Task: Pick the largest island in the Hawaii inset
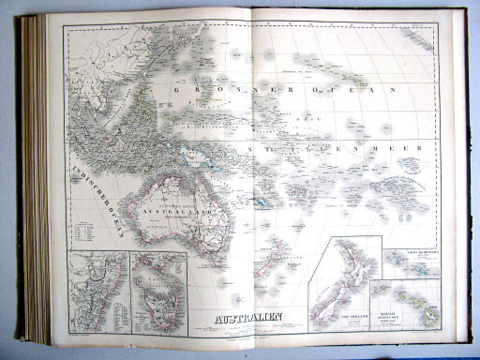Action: pyautogui.click(x=429, y=315)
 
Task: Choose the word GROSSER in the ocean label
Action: pyautogui.click(x=210, y=90)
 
